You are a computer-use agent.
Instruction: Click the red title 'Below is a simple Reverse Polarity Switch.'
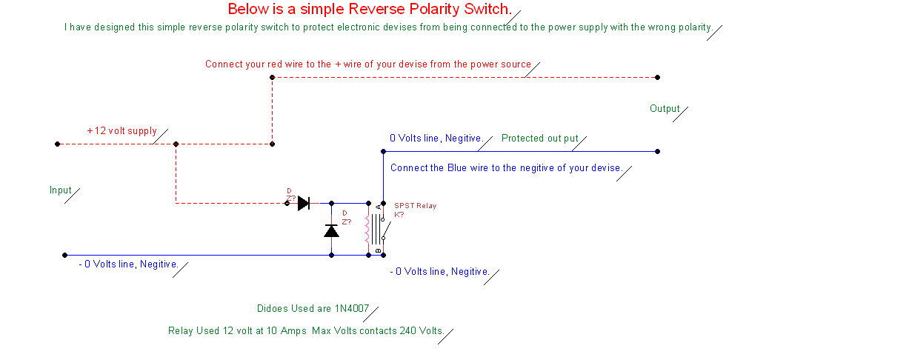pyautogui.click(x=370, y=9)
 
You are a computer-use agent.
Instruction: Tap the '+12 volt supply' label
pyautogui.click(x=122, y=130)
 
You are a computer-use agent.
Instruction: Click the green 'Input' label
pyautogui.click(x=60, y=190)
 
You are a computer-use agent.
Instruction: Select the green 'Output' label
pyautogui.click(x=665, y=109)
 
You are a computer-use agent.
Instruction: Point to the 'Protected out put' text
pyautogui.click(x=540, y=139)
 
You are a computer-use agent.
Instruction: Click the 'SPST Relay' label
pyautogui.click(x=416, y=206)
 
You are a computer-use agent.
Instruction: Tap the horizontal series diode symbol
pyautogui.click(x=304, y=203)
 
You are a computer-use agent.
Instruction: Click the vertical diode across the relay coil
pyautogui.click(x=331, y=231)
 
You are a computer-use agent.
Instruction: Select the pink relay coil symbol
pyautogui.click(x=367, y=230)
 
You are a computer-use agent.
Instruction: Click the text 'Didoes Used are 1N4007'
pyautogui.click(x=313, y=309)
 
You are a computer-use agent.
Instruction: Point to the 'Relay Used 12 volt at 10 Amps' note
pyautogui.click(x=237, y=330)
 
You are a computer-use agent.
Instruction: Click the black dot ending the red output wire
pyautogui.click(x=658, y=77)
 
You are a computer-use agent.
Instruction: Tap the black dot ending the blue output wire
pyautogui.click(x=658, y=152)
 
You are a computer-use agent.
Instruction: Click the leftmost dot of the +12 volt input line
pyautogui.click(x=57, y=144)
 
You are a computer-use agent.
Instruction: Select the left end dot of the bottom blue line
pyautogui.click(x=64, y=256)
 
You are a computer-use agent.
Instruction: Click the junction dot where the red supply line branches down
pyautogui.click(x=176, y=144)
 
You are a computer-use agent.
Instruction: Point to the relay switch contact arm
pyautogui.click(x=387, y=230)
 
